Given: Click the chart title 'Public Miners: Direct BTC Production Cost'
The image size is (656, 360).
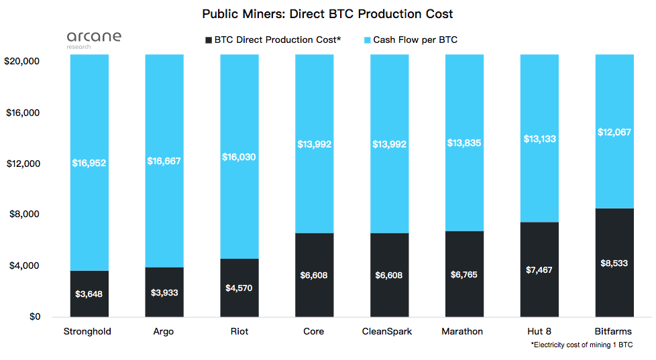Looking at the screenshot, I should click(327, 13).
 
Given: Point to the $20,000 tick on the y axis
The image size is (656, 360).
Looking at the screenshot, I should click(23, 61).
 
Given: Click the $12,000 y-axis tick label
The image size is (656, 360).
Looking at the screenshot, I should click(23, 164).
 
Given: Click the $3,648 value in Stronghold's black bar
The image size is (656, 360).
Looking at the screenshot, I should click(89, 294).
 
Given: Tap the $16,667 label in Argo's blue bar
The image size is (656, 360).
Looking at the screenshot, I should click(164, 161).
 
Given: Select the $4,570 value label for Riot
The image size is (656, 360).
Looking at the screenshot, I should click(239, 288).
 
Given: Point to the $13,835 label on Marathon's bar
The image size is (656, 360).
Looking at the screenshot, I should click(464, 143).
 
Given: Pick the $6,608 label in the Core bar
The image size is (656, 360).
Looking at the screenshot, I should click(314, 275).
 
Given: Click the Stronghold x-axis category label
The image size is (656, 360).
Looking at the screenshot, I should click(87, 331).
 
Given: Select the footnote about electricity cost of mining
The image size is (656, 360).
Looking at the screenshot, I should click(582, 345).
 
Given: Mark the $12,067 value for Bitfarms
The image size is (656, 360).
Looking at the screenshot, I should click(614, 132).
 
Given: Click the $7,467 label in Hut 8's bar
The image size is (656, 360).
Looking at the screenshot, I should click(539, 269).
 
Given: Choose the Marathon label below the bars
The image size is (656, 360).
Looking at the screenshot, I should click(462, 331).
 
